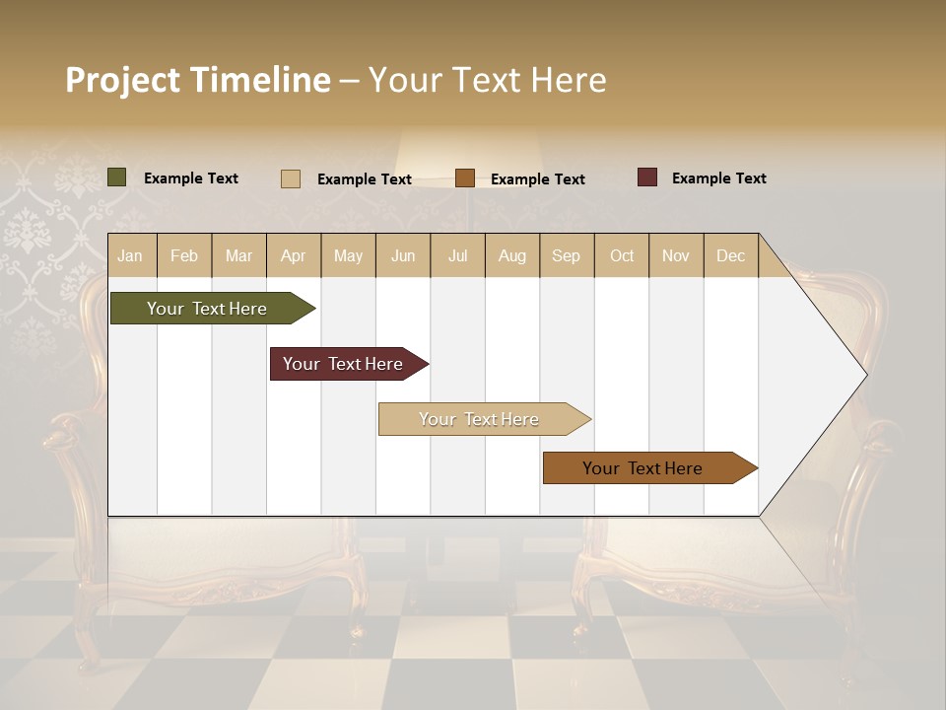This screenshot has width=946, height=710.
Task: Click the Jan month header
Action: [x=130, y=255]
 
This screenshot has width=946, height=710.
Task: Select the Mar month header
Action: [x=238, y=255]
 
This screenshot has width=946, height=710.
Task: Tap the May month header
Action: [x=348, y=255]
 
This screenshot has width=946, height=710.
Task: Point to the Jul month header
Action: [x=457, y=255]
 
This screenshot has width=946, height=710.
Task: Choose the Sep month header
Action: [x=566, y=255]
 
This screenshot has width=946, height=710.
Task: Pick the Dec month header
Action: [x=730, y=255]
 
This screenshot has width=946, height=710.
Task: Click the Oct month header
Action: [x=622, y=255]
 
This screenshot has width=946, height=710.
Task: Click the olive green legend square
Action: [x=117, y=177]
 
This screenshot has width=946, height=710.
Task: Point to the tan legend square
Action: [x=291, y=178]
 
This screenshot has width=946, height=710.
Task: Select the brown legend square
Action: [x=465, y=178]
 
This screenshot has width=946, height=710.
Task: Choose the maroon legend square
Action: [x=647, y=177]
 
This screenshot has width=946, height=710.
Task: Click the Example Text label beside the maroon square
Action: [x=718, y=178]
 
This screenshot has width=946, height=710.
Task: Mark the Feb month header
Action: [x=184, y=255]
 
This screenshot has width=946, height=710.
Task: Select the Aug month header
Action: [x=511, y=255]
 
